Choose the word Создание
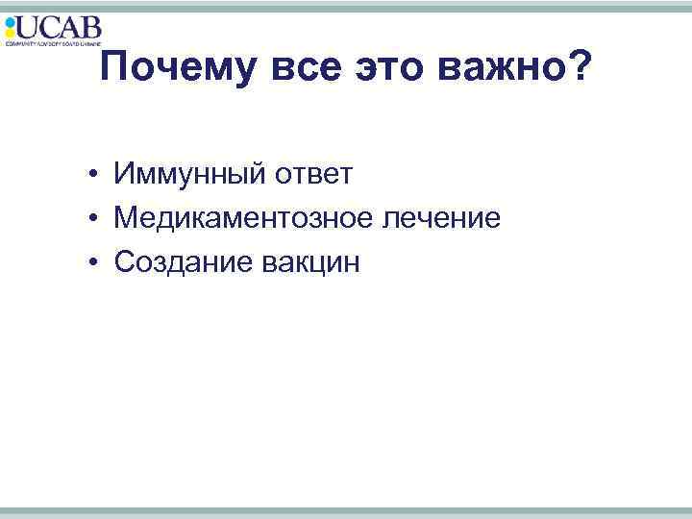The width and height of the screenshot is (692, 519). [x=181, y=261]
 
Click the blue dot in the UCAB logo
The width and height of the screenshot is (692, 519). [x=10, y=20]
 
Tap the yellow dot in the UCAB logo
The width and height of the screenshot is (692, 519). [x=10, y=32]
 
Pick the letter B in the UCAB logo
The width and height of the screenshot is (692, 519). [x=90, y=27]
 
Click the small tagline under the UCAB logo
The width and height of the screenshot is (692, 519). [x=53, y=43]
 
